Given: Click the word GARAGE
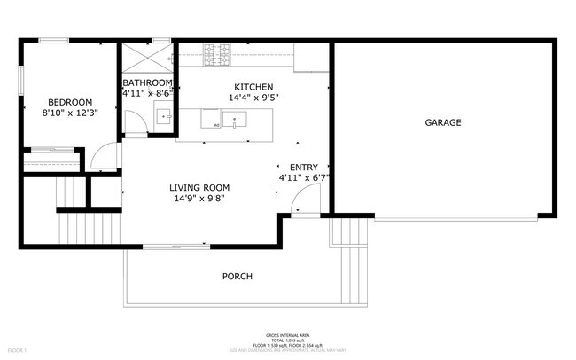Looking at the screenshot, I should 442,122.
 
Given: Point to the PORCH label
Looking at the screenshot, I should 237,277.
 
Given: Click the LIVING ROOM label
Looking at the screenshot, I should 200,187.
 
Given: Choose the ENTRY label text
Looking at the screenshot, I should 303,167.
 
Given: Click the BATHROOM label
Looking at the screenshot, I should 147,82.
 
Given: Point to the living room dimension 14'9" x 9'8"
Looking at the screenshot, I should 200,199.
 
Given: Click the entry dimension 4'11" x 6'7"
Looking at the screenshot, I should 303,177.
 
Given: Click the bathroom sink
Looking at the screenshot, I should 163,114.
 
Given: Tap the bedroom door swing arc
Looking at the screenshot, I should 104,158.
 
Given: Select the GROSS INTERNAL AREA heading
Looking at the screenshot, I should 287,335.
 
